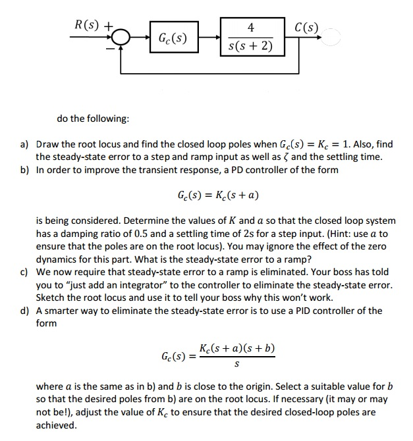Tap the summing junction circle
(x=123, y=38)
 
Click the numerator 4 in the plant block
(x=250, y=28)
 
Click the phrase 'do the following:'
(x=93, y=118)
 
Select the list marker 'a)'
(x=24, y=144)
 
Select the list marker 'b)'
(x=24, y=170)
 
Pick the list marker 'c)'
(x=24, y=272)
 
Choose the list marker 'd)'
(x=24, y=311)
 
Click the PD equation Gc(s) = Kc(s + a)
(x=217, y=195)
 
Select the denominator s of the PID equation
(x=236, y=364)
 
